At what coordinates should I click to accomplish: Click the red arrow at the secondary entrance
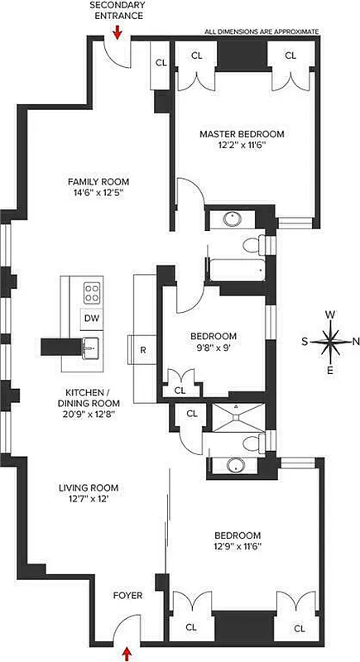point(117,31)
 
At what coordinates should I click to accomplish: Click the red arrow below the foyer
point(127,654)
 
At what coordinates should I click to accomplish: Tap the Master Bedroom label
point(242,133)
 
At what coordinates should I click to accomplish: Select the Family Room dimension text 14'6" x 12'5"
point(98,194)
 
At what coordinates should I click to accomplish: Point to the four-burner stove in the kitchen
point(92,292)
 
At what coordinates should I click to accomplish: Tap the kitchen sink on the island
point(90,347)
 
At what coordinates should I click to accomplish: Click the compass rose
point(330,340)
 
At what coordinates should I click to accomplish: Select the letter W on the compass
point(330,314)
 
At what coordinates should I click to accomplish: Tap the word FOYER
point(127,595)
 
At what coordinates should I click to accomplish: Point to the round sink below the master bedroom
point(231,219)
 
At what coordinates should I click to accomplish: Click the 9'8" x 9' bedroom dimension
point(214,348)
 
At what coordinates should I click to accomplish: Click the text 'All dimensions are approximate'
point(262,31)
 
